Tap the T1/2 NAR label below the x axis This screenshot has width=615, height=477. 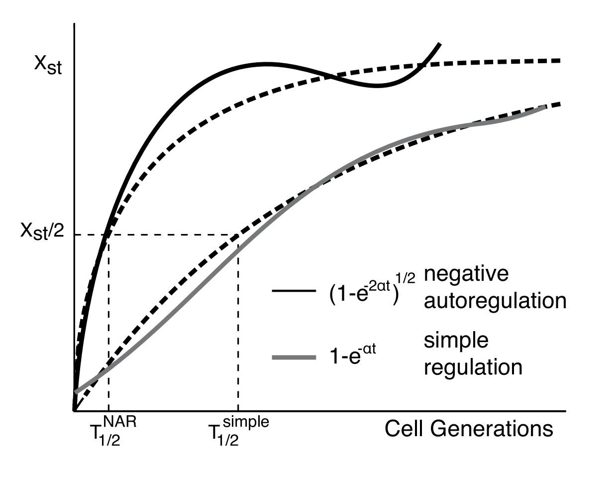[111, 431]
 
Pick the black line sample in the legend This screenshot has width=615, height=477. [294, 290]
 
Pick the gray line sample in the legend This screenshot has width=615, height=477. [294, 357]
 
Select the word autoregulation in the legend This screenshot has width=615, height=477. [495, 301]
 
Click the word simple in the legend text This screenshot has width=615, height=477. [456, 341]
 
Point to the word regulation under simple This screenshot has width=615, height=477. [473, 367]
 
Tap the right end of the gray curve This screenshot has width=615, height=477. [545, 107]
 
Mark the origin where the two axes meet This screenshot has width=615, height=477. [74, 411]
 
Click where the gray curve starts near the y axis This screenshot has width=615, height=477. [76, 392]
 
